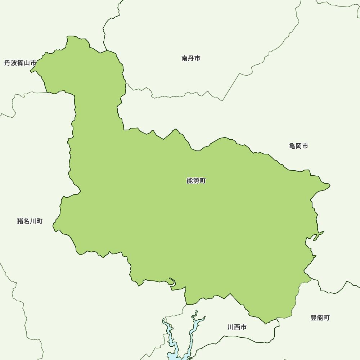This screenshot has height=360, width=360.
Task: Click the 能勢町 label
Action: (196, 181)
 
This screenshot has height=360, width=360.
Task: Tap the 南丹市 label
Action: (191, 58)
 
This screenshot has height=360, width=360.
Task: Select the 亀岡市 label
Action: (298, 146)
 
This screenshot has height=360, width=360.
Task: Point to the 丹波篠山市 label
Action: (20, 63)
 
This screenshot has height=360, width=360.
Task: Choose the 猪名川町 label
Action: (30, 221)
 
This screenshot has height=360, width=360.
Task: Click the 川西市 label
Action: (237, 327)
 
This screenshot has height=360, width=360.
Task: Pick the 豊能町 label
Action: (320, 318)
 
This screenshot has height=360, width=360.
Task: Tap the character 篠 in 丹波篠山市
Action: (20, 63)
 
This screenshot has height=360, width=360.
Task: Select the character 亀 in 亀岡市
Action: (292, 146)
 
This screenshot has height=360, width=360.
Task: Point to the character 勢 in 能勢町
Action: (196, 181)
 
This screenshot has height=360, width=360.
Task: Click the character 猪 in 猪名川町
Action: (20, 221)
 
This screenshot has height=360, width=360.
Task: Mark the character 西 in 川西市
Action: (237, 327)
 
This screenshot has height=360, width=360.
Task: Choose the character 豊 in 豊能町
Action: (314, 318)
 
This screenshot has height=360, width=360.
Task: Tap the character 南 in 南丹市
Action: (184, 58)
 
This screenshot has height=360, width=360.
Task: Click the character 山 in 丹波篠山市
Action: (27, 63)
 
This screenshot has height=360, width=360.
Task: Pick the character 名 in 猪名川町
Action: (27, 221)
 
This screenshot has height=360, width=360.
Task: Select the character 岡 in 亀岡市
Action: (298, 146)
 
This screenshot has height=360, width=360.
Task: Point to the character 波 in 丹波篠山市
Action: (14, 63)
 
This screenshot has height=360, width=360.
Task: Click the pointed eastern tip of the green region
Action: (329, 186)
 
